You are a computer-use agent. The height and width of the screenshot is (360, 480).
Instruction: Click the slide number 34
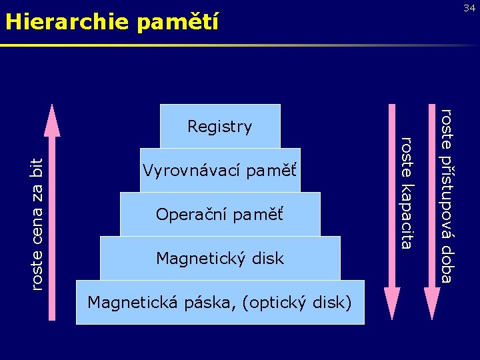(x=469, y=7)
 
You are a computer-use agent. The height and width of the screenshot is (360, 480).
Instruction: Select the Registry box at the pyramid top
(x=220, y=126)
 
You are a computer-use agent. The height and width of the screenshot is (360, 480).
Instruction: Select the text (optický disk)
(x=297, y=302)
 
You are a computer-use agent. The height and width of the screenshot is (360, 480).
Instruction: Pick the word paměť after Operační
(x=258, y=215)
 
